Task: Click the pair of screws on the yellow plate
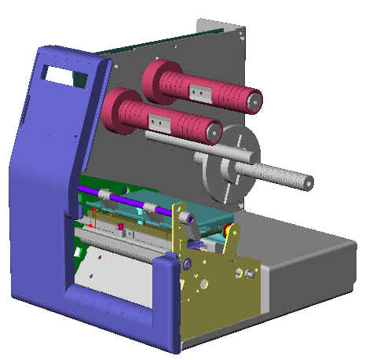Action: pos(247,273)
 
